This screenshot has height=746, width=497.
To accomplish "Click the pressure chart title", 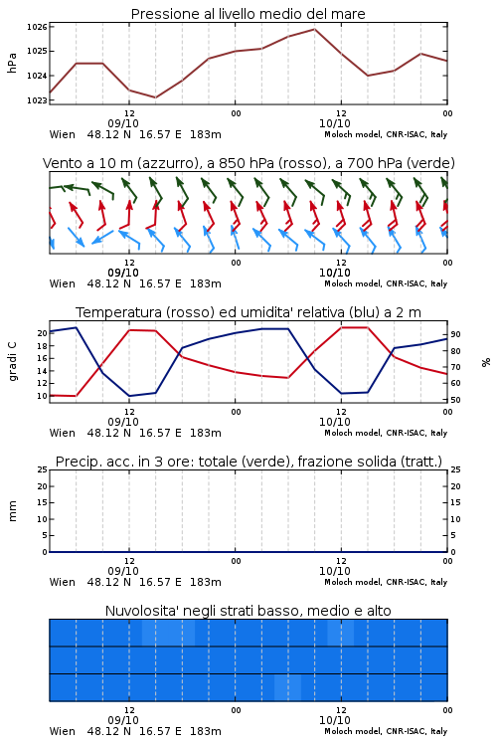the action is [248, 14].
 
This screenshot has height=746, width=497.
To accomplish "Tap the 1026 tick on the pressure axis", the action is [37, 27].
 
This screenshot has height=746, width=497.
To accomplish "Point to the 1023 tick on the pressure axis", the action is [37, 100].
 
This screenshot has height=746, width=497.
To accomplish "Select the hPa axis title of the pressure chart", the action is [12, 63].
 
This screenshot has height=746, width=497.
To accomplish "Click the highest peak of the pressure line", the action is [314, 29].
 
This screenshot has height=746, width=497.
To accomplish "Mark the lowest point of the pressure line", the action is [155, 97].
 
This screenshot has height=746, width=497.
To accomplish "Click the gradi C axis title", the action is [12, 361].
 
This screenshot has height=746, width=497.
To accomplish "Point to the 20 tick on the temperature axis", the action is [42, 333].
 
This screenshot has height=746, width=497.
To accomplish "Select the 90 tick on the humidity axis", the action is [455, 334].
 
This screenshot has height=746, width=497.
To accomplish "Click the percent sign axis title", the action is [486, 362].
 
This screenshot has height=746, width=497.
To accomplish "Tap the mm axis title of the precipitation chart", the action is [12, 511].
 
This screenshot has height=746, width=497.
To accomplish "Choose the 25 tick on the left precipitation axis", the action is [42, 469].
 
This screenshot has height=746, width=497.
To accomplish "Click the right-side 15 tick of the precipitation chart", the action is [455, 502].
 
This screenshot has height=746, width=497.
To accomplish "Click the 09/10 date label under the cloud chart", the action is [123, 720].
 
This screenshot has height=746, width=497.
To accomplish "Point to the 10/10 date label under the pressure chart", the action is [335, 123].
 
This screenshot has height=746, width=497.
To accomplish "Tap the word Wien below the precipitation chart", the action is [63, 582].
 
